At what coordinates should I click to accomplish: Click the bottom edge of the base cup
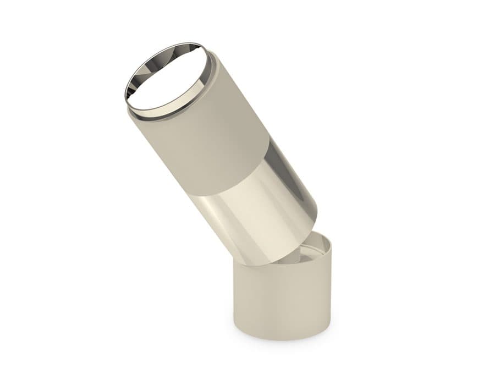(x=280, y=337)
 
